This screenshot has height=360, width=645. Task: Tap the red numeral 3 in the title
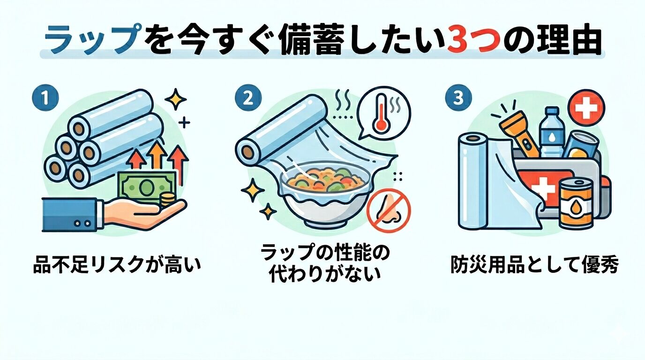click(x=452, y=41)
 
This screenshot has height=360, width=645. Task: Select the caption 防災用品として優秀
click(x=534, y=265)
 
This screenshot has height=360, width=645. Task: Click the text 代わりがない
click(x=325, y=275)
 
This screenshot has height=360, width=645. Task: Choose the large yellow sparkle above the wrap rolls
click(x=175, y=99)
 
